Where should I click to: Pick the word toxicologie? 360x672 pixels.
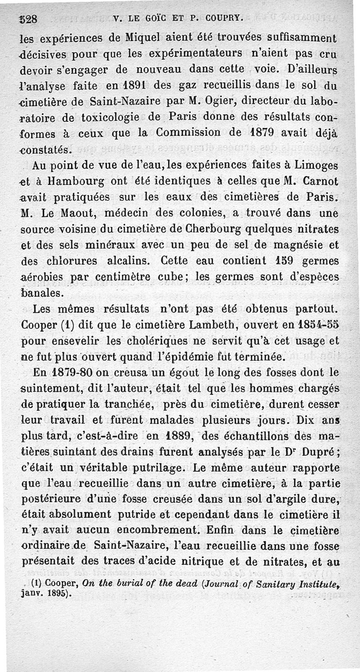(108, 116)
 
